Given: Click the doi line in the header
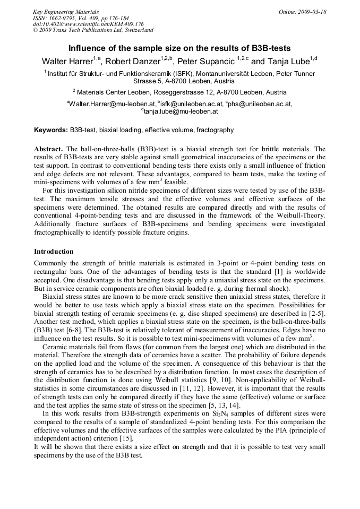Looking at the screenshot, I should pos(88,24).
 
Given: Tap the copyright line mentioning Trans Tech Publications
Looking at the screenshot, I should pos(93,30).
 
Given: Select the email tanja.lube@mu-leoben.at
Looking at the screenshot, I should pos(181,111).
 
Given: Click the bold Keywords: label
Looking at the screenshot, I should pos(51,130).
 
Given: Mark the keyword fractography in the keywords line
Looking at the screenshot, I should pos(216,130).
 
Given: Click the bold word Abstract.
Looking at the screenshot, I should pos(48,149).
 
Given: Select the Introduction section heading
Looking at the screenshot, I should pos(54,251).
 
